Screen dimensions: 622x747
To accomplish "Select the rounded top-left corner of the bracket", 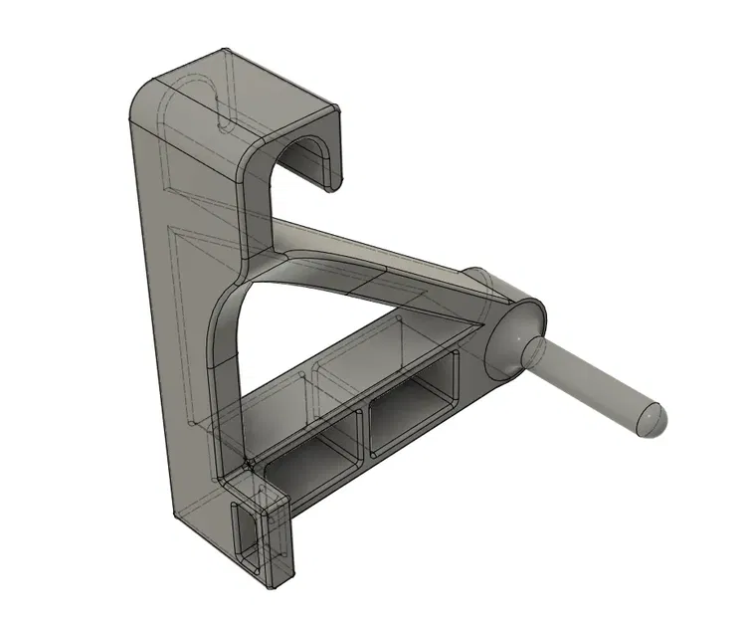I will (x=144, y=96).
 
